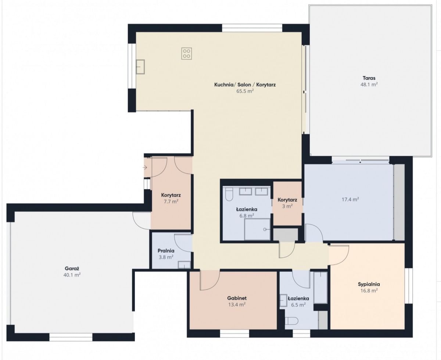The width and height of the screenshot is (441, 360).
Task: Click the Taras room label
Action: tap(369, 78)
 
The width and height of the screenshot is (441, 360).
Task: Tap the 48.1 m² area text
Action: tap(369, 85)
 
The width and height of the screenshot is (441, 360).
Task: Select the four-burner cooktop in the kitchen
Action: tap(187, 54)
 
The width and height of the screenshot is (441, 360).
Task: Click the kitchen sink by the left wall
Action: tap(140, 67)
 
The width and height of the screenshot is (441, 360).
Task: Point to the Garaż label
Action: tap(72, 268)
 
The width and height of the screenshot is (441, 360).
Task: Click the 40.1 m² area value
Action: tap(72, 275)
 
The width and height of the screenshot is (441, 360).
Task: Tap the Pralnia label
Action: tap(166, 250)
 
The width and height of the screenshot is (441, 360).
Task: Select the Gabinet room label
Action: tap(237, 298)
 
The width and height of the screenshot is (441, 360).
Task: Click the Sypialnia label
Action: tap(369, 284)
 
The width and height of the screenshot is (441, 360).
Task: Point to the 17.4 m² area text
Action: tap(350, 199)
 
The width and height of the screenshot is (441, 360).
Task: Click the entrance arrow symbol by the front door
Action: tap(145, 167)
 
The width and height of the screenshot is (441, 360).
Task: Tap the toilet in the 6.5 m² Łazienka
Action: tap(291, 321)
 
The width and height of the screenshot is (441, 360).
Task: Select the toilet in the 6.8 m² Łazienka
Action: tap(229, 195)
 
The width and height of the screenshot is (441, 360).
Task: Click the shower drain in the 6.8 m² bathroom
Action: tap(265, 229)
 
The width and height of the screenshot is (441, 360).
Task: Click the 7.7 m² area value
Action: tap(171, 202)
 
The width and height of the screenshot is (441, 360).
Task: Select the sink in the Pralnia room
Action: tap(184, 265)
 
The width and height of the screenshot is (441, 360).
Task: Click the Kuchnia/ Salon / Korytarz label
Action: tap(245, 85)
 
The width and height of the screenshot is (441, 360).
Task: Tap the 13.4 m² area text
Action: tap(237, 304)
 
